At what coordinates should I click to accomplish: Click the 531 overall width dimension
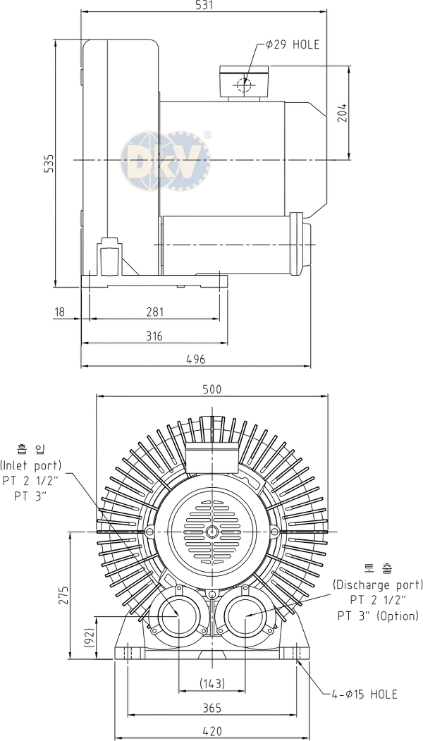click(204, 5)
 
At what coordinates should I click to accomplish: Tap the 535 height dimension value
click(49, 163)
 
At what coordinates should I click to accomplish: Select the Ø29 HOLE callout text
click(293, 44)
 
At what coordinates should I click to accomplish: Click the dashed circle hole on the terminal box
click(245, 85)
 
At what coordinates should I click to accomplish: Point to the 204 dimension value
click(342, 113)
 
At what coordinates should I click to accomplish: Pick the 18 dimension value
click(59, 312)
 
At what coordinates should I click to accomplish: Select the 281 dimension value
click(154, 312)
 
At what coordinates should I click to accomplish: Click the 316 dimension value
click(154, 336)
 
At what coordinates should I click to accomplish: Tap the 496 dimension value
click(196, 360)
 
